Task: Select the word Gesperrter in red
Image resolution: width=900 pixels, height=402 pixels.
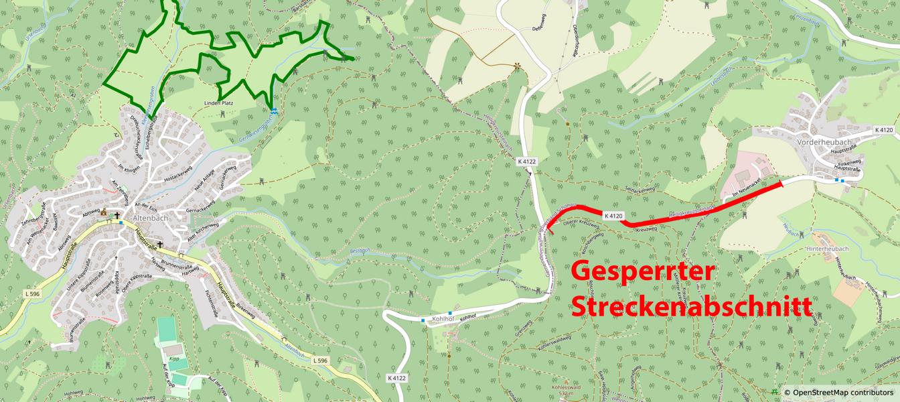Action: click(643, 272)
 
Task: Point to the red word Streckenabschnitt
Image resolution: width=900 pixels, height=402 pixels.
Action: click(691, 306)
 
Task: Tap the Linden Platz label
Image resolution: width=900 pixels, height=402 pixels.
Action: click(218, 103)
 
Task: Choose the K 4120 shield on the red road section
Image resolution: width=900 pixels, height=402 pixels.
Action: click(613, 216)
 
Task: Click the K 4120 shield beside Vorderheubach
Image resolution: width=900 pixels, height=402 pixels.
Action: click(884, 129)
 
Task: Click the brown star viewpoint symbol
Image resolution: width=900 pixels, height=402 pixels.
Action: click(517, 66)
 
